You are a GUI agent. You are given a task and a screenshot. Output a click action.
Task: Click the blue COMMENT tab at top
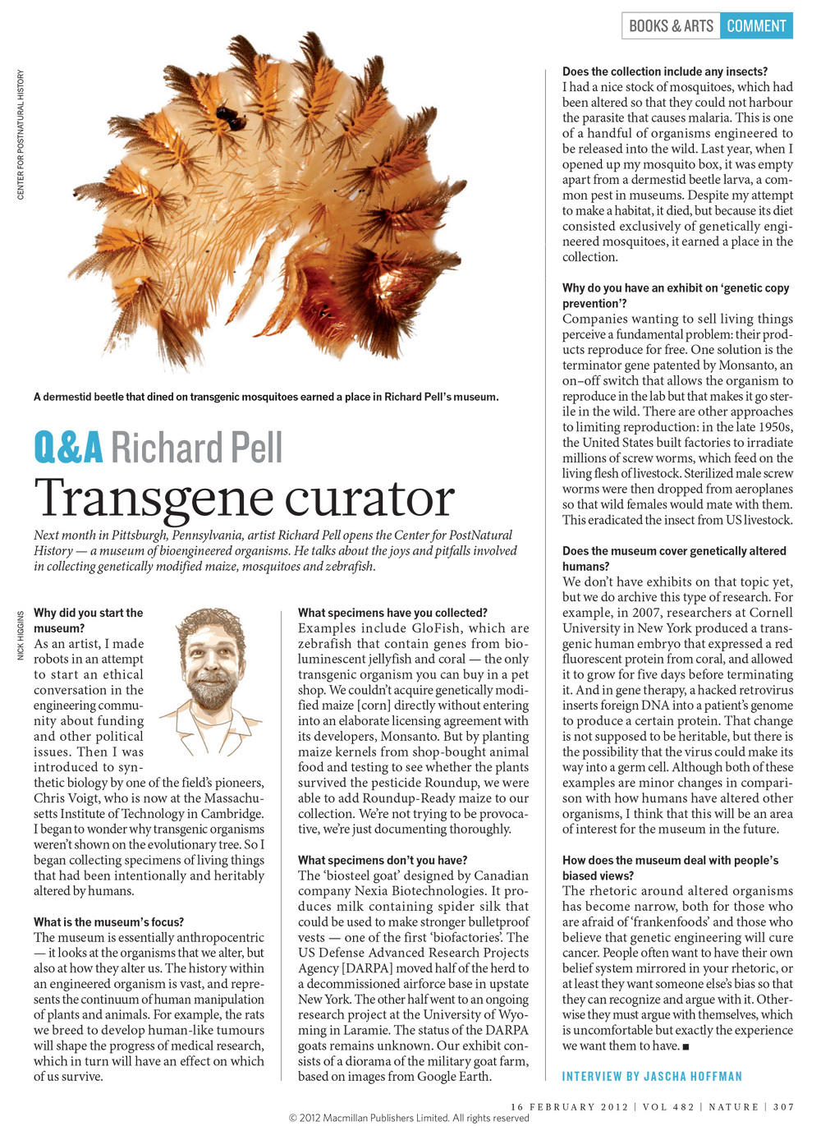click(x=756, y=25)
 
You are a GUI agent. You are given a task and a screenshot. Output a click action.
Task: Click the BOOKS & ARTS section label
click(x=671, y=25)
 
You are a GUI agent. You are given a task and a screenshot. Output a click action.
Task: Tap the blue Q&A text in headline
click(x=68, y=448)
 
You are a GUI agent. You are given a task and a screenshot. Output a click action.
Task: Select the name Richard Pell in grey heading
click(x=196, y=448)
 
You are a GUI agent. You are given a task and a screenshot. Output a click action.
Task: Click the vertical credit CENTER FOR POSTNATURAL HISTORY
click(x=21, y=135)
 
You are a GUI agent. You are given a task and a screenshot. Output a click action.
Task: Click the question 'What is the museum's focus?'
click(x=108, y=921)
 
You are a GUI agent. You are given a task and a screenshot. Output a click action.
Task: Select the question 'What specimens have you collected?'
click(x=392, y=613)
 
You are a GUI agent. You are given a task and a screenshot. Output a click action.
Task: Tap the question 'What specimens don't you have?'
click(x=383, y=860)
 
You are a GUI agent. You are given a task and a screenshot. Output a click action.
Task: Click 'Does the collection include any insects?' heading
click(x=665, y=71)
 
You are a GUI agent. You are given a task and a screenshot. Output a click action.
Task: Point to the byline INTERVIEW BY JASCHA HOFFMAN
click(x=652, y=1076)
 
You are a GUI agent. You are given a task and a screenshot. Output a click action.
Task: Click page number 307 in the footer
click(x=783, y=1107)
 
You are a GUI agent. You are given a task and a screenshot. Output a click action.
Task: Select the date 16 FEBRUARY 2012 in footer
click(x=569, y=1107)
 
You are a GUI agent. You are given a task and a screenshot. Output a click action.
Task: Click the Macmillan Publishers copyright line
click(x=408, y=1118)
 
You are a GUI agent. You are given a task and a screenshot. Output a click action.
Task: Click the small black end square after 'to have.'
click(x=686, y=1046)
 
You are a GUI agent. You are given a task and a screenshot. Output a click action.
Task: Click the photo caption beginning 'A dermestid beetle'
click(x=266, y=397)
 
